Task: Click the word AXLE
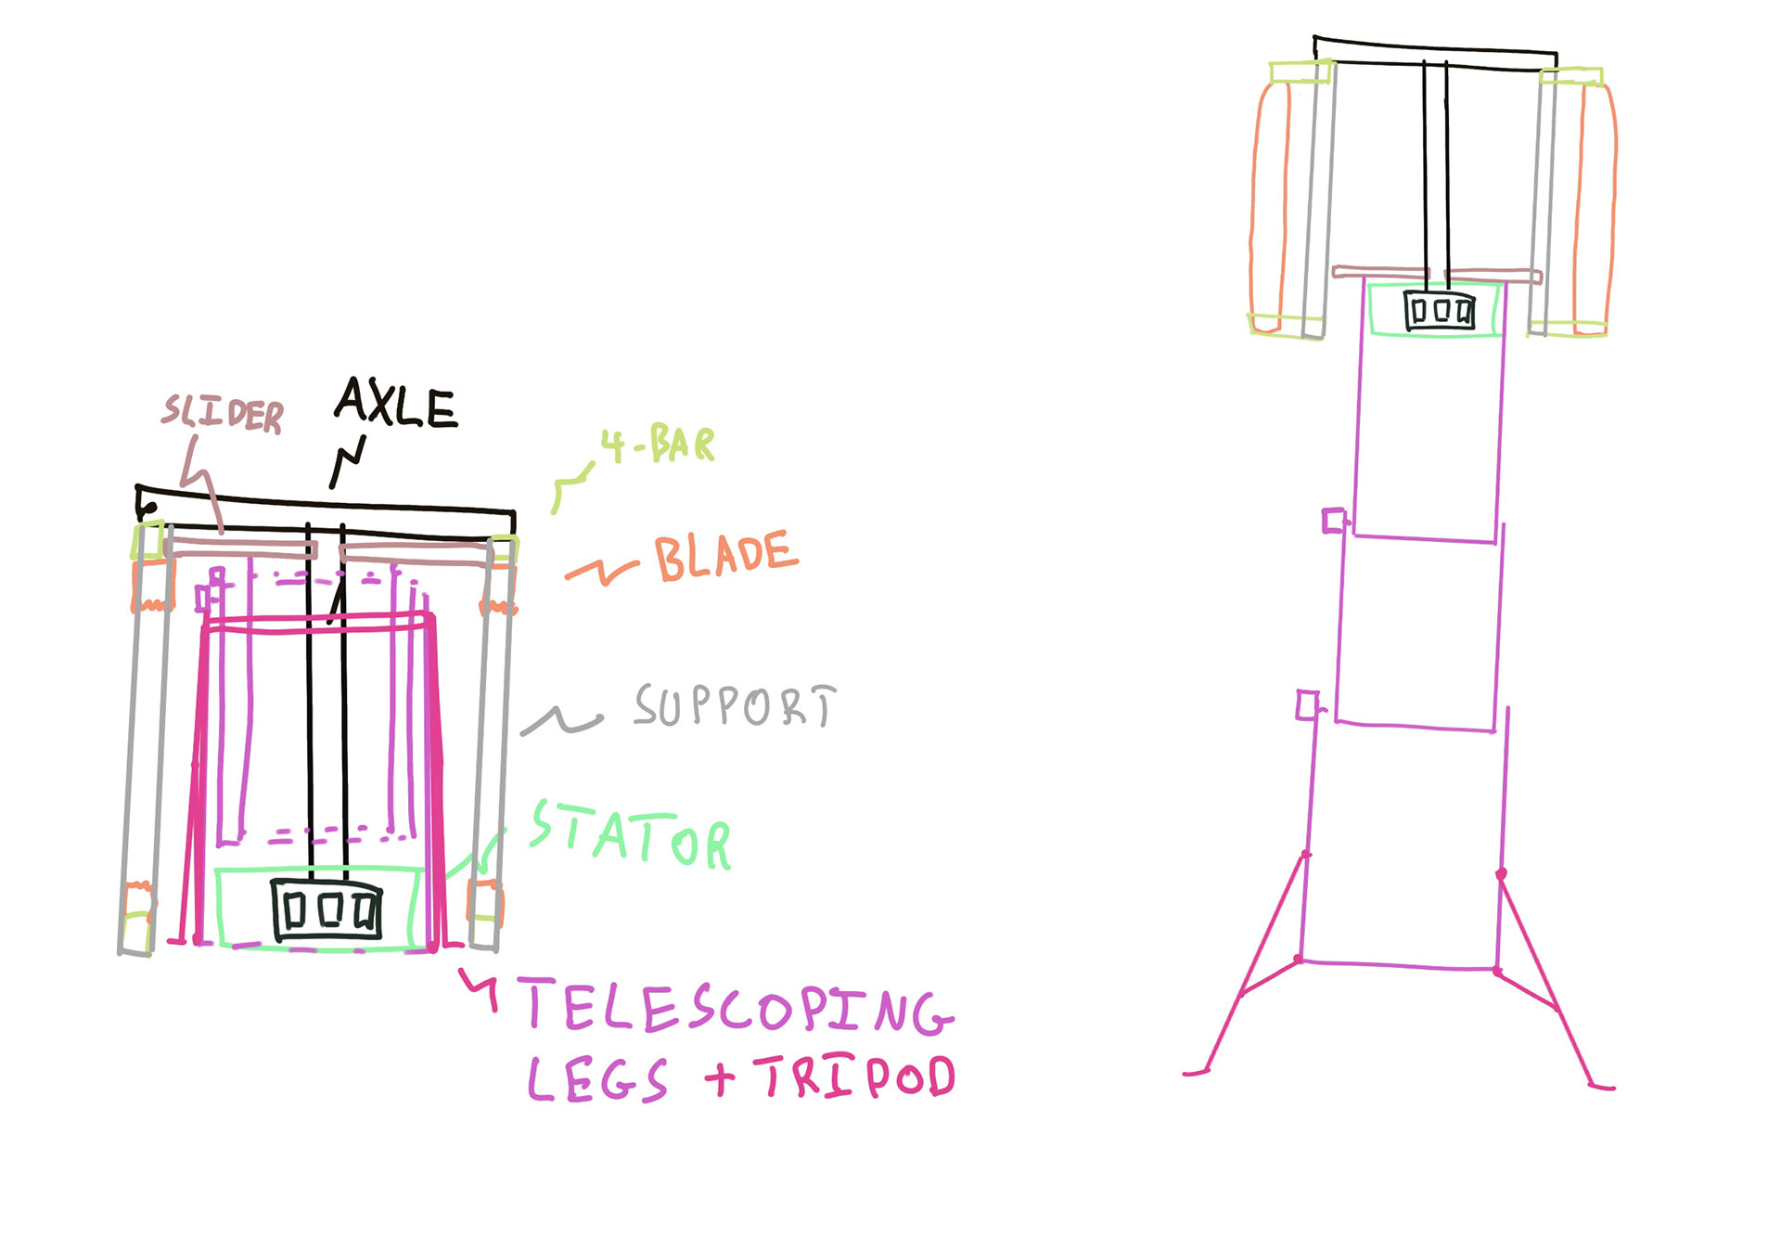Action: (396, 404)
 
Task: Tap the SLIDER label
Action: (223, 413)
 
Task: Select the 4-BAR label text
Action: (659, 445)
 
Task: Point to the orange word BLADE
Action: (725, 556)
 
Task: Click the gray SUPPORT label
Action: (735, 706)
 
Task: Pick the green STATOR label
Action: (631, 836)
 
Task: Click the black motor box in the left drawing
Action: (327, 909)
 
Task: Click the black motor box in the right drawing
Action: (1439, 310)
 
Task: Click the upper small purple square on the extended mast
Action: (1334, 521)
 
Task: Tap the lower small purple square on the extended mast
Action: (1307, 704)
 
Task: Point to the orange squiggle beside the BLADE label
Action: (601, 571)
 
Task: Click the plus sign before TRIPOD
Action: (719, 1078)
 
